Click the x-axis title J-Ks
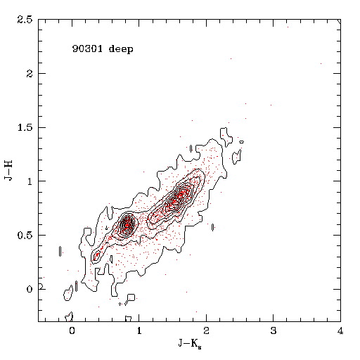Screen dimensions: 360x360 tap(190, 344)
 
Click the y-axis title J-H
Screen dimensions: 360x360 tap(8, 170)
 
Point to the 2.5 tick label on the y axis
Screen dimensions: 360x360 tap(25, 20)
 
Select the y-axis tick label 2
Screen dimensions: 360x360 tap(30, 74)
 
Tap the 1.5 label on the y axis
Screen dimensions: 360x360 tap(25, 127)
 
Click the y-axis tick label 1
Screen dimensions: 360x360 tap(30, 181)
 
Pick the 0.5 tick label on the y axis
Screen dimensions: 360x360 tap(25, 236)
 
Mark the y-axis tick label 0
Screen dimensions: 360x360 tap(30, 289)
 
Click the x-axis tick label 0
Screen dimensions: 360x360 tap(72, 330)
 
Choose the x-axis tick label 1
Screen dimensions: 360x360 tap(139, 330)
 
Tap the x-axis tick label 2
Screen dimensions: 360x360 tap(206, 330)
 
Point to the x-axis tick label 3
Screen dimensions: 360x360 tap(274, 330)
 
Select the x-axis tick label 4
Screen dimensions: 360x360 tap(340, 330)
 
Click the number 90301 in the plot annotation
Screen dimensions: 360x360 tap(87, 49)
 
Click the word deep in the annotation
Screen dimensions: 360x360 tap(121, 49)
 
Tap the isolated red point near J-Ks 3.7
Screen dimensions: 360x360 tap(321, 63)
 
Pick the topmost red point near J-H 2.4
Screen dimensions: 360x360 tap(288, 27)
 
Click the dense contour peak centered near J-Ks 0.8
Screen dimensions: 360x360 tap(127, 225)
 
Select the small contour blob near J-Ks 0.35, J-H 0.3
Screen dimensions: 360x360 tap(96, 255)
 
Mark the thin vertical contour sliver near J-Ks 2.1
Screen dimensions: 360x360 tap(212, 227)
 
